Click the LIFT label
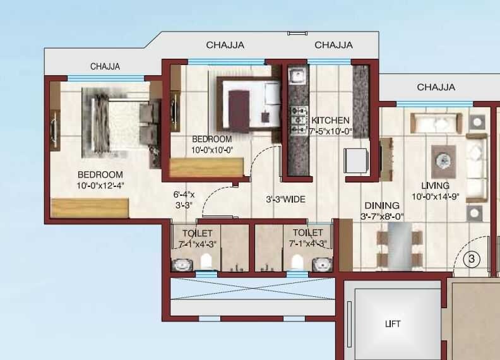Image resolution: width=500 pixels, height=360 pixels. tap(393, 324)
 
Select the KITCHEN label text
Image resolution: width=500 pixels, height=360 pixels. tap(330, 121)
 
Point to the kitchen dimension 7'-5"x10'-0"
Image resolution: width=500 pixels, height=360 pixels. tap(330, 131)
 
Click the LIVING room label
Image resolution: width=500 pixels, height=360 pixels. tap(436, 186)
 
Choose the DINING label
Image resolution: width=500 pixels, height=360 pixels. tap(382, 206)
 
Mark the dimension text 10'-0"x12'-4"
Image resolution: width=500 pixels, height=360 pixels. tap(100, 186)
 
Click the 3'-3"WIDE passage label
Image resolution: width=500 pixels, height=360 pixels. tap(285, 200)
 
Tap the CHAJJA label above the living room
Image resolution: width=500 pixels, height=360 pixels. tap(436, 87)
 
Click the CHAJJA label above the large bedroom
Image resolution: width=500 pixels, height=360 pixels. tap(105, 66)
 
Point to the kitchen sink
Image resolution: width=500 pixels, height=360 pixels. tap(296, 76)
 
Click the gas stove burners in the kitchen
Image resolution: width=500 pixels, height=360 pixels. tap(296, 119)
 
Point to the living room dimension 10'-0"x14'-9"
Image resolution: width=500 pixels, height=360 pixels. tap(436, 196)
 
